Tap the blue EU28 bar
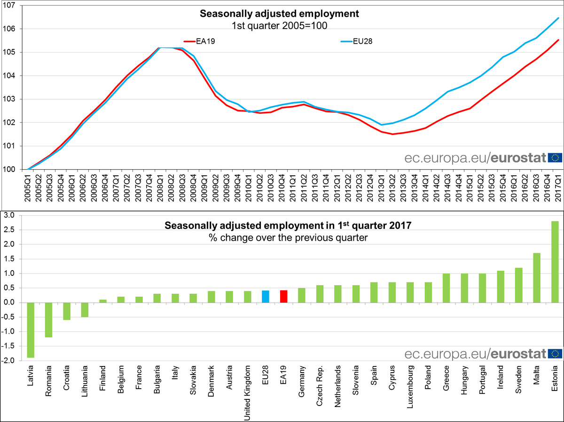tap(266, 297)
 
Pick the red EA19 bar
tap(283, 297)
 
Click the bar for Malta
tap(537, 278)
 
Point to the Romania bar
tap(49, 320)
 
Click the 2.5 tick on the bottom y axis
tap(9, 230)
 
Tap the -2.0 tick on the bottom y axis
tap(8, 360)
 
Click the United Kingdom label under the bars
tap(248, 391)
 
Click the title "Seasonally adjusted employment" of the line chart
tap(279, 14)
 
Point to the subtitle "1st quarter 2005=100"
tap(279, 25)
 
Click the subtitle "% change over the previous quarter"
tap(288, 237)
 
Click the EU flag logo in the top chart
tap(555, 157)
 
